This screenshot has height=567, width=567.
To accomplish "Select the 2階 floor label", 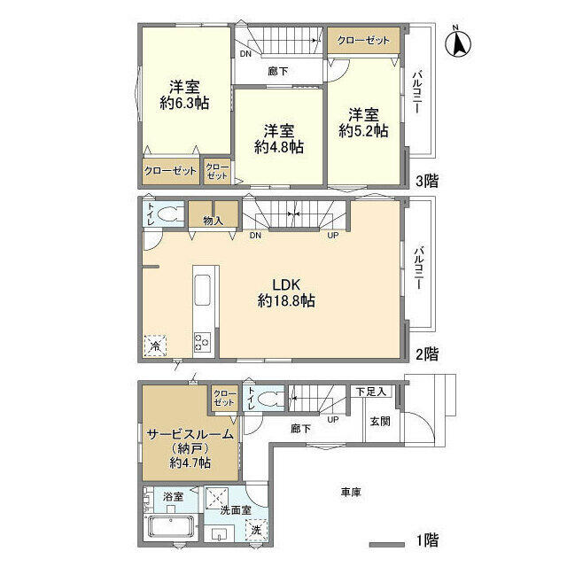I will (428, 353).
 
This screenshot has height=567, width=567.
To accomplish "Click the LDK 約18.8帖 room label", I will (286, 292).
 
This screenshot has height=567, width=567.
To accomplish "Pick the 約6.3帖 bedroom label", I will (184, 95).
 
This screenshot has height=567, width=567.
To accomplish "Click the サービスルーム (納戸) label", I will (190, 447).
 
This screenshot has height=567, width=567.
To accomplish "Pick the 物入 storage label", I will (213, 220).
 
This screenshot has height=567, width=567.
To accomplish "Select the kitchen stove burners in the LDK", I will (201, 341).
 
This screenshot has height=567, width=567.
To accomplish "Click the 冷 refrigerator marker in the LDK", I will (155, 346).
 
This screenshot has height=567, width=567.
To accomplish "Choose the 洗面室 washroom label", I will (234, 511).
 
